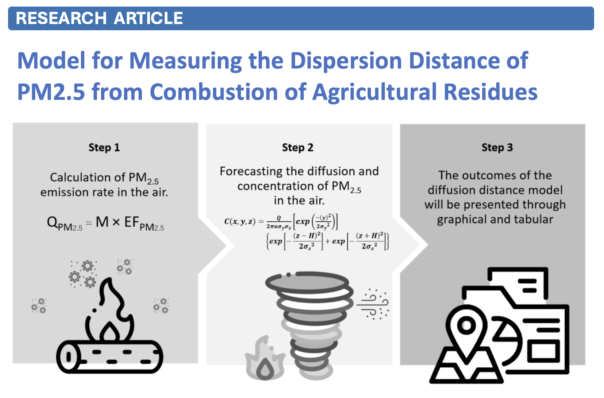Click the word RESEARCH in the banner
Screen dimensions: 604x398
pos(62,18)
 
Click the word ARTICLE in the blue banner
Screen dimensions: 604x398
pos(148,18)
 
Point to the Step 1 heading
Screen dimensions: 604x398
pos(104,148)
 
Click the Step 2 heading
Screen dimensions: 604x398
pos(298,148)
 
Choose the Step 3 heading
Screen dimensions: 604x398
pos(497,148)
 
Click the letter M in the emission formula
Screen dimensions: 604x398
pos(102,222)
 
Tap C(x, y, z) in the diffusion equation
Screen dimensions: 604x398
pos(240,222)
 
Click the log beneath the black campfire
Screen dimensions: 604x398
pos(109,356)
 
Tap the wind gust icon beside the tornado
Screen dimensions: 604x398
pos(373,304)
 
